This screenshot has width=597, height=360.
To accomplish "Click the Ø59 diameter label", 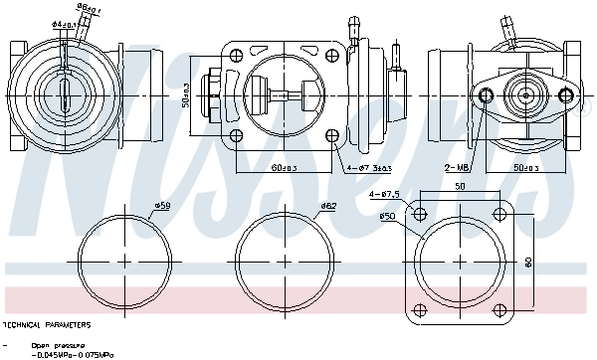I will (x=162, y=206).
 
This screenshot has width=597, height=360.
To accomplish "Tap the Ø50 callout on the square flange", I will (x=387, y=216).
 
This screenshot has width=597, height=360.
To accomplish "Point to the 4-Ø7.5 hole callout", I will (x=385, y=195).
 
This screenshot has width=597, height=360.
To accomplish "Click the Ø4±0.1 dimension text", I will (x=66, y=23).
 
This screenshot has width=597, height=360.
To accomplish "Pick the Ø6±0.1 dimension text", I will (x=89, y=8).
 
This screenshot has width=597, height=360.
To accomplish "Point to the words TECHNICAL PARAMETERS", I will (x=48, y=325).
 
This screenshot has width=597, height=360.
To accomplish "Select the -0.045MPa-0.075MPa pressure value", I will (x=73, y=354).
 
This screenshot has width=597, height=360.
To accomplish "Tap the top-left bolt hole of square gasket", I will (x=420, y=214).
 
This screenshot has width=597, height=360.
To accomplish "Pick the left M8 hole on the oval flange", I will (x=487, y=94).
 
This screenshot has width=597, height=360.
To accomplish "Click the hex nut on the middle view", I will (x=213, y=94).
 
